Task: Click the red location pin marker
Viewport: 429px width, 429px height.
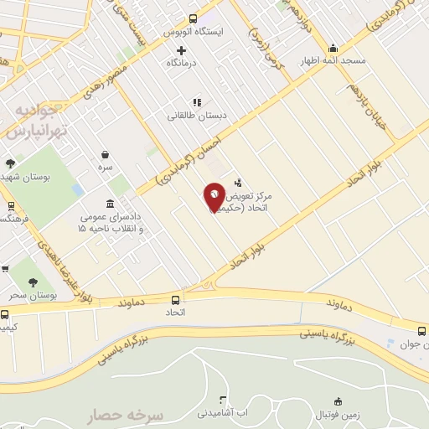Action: click(x=214, y=196)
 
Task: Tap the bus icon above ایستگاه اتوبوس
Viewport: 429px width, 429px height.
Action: click(x=194, y=18)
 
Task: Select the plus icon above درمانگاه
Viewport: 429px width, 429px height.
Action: click(x=181, y=50)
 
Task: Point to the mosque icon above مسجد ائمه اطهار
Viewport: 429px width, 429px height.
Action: click(x=333, y=48)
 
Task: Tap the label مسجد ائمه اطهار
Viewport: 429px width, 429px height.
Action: click(x=333, y=61)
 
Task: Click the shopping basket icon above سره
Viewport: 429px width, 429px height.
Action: click(x=105, y=154)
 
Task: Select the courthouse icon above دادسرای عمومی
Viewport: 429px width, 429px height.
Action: click(x=111, y=204)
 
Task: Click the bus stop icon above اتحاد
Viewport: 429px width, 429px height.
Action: click(x=175, y=300)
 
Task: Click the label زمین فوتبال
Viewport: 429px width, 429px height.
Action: click(x=337, y=414)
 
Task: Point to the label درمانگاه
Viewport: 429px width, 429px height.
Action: click(x=181, y=63)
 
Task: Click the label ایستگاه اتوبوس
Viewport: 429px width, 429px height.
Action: click(x=194, y=31)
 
